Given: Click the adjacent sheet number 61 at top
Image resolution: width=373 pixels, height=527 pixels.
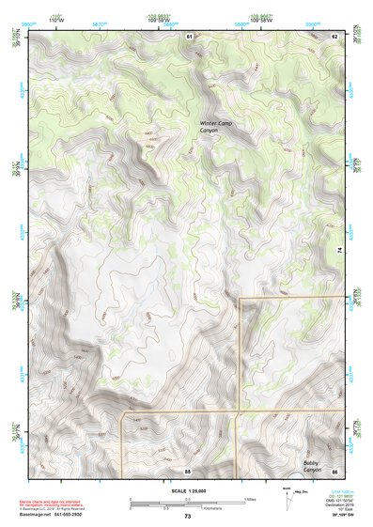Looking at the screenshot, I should click(x=189, y=35).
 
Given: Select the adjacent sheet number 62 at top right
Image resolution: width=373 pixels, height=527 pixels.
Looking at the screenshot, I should click(x=334, y=35).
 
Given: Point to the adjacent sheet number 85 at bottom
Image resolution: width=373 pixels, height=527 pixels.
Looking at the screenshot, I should click(x=188, y=470).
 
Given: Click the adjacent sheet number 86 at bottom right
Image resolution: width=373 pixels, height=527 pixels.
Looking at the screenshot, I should click(x=334, y=470).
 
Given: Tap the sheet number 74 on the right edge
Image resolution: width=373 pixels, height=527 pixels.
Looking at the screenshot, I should click(x=338, y=249).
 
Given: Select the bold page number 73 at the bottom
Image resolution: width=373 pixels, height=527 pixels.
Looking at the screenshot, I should click(x=187, y=517).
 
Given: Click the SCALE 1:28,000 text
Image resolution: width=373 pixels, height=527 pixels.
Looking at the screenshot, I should click(x=187, y=490).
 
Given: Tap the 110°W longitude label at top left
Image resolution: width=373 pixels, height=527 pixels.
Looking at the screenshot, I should click(x=55, y=19).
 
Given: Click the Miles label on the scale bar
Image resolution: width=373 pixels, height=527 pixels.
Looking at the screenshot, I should click(x=250, y=499).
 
